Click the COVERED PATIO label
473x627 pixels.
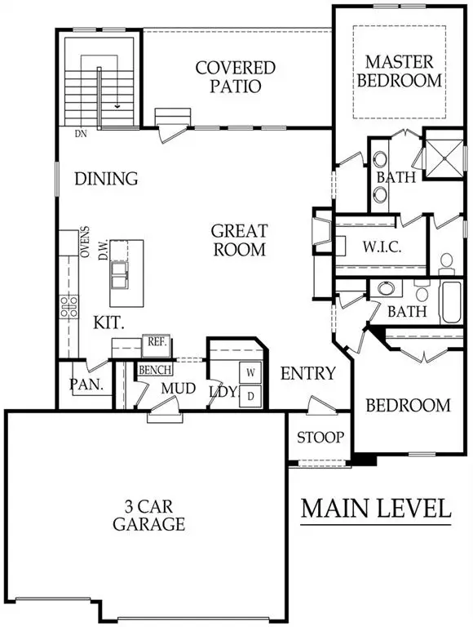[x=235, y=76]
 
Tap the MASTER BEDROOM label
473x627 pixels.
[x=403, y=70]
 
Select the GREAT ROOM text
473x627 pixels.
[x=239, y=240]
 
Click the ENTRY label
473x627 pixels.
[x=307, y=374]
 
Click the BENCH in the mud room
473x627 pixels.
[x=154, y=371]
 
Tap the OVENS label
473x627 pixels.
[x=84, y=242]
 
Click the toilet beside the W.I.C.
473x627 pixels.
[x=446, y=261]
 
